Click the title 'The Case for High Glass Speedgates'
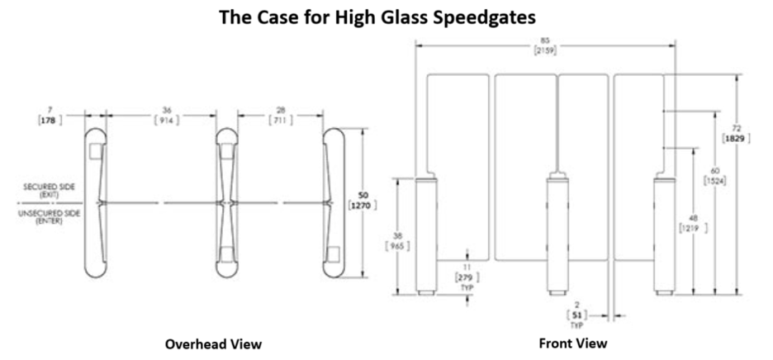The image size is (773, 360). tap(386, 17)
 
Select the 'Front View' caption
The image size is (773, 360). tap(572, 342)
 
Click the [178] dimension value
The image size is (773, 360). tap(52, 121)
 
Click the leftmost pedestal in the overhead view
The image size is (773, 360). tap(97, 204)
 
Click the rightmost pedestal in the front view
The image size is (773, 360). tap(664, 235)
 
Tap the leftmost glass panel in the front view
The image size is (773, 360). tap(459, 140)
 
